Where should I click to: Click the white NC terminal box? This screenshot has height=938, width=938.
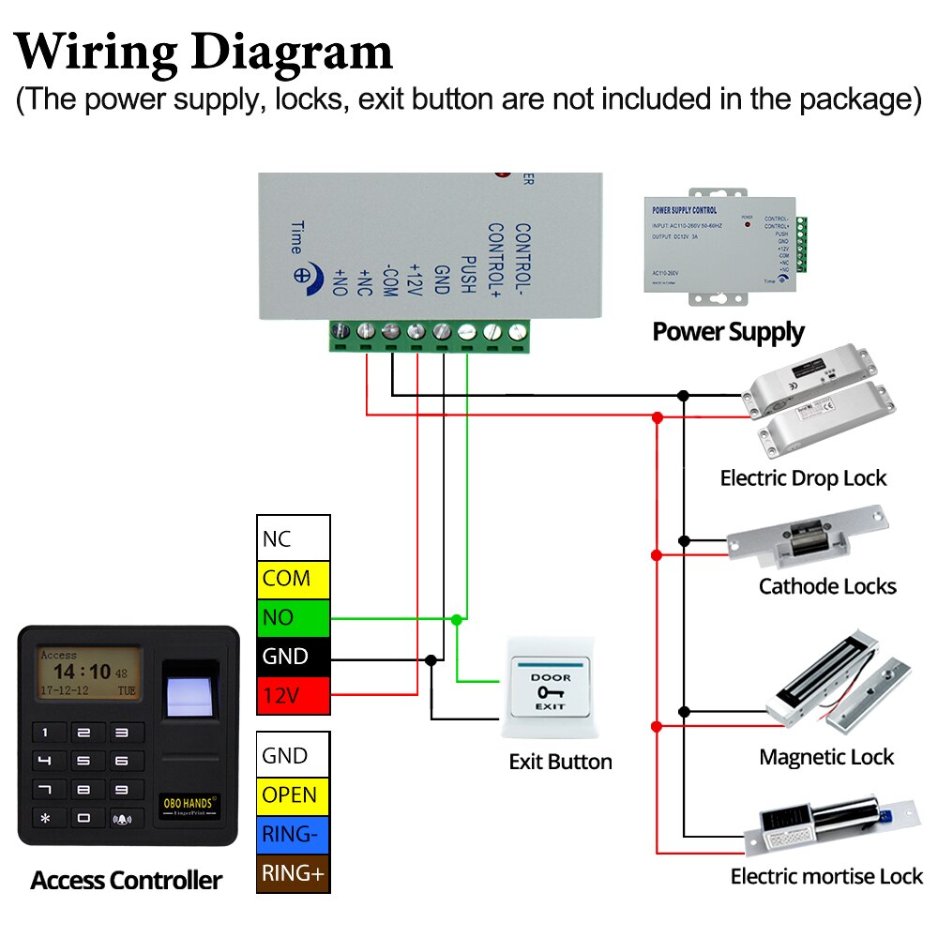294,539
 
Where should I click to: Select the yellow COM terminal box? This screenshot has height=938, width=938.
294,579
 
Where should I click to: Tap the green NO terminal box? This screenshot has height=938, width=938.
294,618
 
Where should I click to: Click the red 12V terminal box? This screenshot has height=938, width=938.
294,696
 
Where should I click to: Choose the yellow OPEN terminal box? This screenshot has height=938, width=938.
294,795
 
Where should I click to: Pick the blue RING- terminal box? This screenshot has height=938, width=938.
294,835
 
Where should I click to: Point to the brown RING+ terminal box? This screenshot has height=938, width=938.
294,874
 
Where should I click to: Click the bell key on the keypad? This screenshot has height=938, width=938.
124,818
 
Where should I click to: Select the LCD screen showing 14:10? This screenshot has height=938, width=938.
88,673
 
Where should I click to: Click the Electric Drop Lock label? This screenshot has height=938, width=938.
803,478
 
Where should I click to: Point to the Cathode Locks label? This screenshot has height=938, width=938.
827,587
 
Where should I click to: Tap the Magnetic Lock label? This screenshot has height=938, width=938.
826,757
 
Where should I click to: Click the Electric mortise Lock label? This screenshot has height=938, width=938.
826,877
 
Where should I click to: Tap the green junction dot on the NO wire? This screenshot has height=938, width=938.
456,619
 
